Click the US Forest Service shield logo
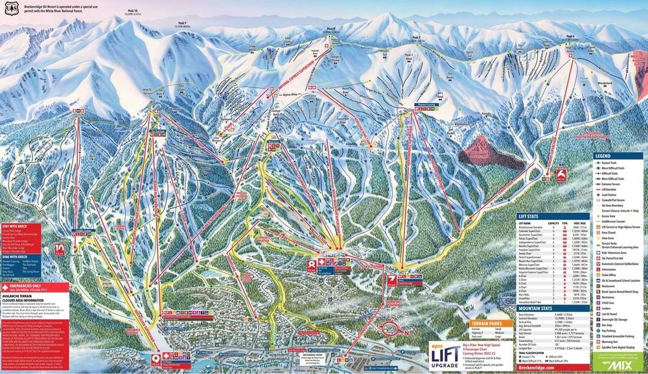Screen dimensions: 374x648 (x=8, y=7)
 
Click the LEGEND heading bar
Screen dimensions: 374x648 (x=619, y=156)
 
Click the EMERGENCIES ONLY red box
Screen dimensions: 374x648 (x=34, y=285)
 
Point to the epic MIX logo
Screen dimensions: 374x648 (x=619, y=366)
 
